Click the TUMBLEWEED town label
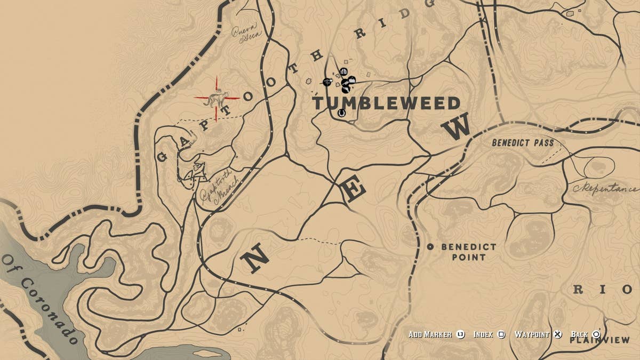[x=386, y=103]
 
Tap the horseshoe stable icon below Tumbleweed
[x=341, y=113]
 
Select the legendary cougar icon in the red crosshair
[x=217, y=99]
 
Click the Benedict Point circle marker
[x=430, y=247]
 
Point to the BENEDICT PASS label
[x=523, y=143]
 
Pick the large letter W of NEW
[x=457, y=129]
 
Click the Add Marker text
[x=430, y=334]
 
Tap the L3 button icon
[x=461, y=334]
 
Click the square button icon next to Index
[x=501, y=334]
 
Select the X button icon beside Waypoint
[x=557, y=334]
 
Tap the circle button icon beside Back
[x=596, y=334]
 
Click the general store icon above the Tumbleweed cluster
[x=343, y=71]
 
